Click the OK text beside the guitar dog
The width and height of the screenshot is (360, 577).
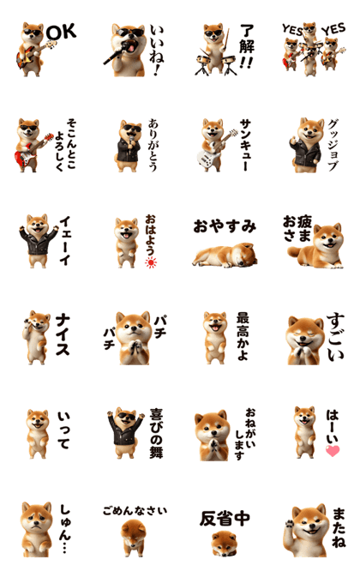point(62,32)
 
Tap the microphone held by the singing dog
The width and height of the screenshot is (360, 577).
point(117,53)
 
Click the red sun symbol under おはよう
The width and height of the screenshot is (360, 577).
point(151,262)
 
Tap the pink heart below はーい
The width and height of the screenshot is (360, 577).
point(333,450)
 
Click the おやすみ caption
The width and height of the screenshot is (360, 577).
point(225,226)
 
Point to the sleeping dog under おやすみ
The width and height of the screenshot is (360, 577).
point(225,255)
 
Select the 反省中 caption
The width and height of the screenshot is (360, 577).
point(225,519)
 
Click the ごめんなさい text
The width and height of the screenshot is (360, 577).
point(135,510)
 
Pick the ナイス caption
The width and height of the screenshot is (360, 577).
point(63,334)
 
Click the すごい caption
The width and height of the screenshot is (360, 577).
point(336,336)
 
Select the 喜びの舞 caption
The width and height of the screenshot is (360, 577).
point(156,434)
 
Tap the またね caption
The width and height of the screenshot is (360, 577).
point(339,527)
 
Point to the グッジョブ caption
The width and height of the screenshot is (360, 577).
point(333,145)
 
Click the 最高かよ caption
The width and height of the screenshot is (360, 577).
point(243,336)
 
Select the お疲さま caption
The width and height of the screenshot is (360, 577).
point(297,228)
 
